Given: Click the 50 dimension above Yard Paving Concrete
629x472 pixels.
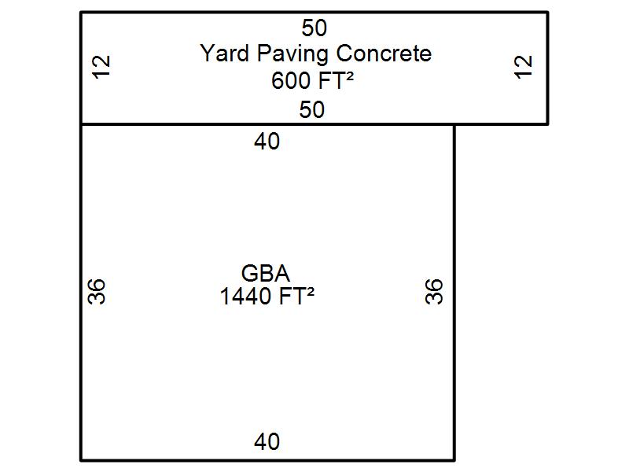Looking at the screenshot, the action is [314, 28].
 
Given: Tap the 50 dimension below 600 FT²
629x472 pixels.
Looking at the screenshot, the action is [311, 109].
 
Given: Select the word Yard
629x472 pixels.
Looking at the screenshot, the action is [224, 53].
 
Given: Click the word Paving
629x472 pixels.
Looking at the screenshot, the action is [292, 54].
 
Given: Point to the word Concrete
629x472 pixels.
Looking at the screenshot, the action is [384, 53].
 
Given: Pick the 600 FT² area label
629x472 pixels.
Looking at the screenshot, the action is [312, 80].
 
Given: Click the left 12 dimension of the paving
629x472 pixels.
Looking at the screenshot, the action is [101, 67].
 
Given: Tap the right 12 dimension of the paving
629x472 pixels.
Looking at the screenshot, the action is [524, 67].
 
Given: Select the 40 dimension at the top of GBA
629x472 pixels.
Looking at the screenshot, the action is [267, 142].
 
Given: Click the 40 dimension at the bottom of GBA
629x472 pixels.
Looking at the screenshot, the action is [267, 441].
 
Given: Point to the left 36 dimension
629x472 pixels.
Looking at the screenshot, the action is [96, 291].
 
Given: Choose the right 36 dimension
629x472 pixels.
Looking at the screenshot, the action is [434, 291].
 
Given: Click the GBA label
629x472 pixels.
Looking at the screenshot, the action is [265, 273].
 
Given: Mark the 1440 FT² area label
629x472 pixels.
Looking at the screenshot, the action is [267, 297].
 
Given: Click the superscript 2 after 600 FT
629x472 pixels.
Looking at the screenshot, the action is [349, 76].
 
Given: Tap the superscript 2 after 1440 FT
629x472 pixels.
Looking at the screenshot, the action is [310, 292].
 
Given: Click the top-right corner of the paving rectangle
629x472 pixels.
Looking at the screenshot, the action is [547, 13].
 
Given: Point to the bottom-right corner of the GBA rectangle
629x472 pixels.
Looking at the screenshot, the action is [454, 460].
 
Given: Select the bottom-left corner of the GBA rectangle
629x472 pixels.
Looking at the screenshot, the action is [82, 460].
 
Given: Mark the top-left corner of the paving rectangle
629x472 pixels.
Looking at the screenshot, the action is [82, 13].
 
